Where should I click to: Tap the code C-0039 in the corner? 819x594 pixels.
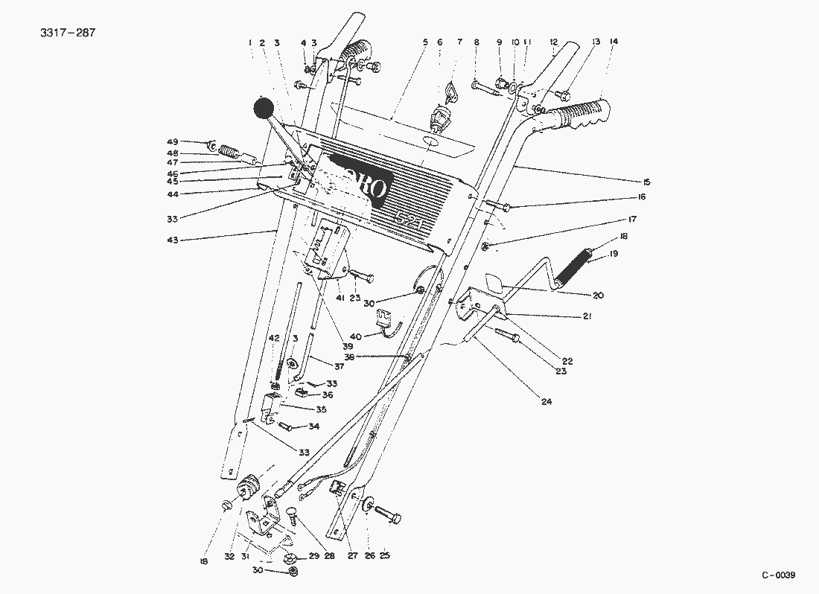click(x=779, y=575)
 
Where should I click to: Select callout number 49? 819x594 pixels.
click(x=172, y=141)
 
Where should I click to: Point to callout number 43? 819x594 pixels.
click(x=172, y=240)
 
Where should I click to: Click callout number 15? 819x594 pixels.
click(x=646, y=182)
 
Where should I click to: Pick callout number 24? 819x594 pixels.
click(x=546, y=402)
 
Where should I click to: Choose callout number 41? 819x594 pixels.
click(x=340, y=298)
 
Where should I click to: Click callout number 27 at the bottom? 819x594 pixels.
click(x=352, y=555)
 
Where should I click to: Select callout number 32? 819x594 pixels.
click(x=229, y=555)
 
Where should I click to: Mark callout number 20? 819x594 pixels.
click(x=598, y=296)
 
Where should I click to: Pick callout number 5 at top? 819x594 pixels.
click(x=425, y=42)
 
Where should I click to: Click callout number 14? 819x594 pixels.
click(x=614, y=42)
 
